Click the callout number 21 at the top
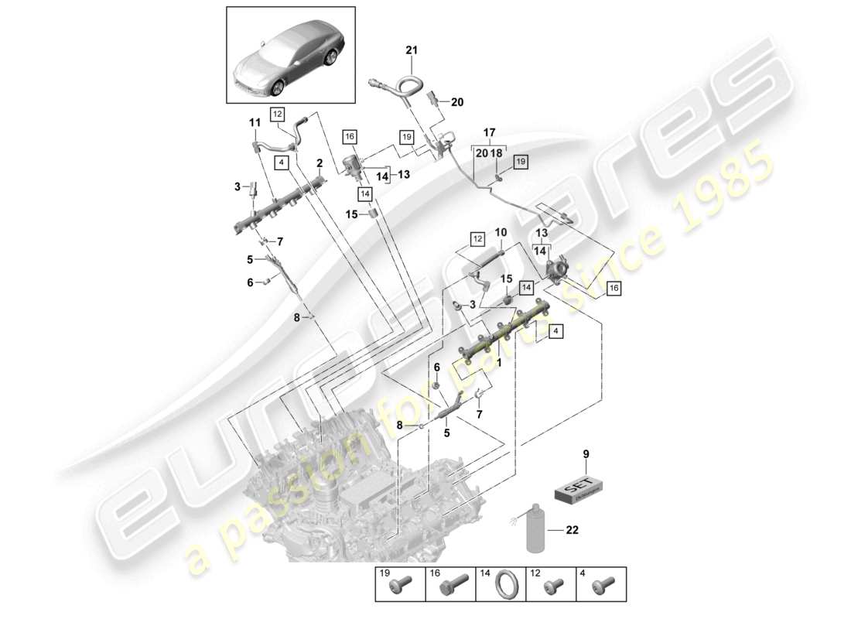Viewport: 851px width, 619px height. (x=412, y=50)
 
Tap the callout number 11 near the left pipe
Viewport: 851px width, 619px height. (x=254, y=122)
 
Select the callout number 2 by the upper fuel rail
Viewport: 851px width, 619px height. (x=318, y=163)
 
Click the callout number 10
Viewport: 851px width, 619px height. (x=501, y=233)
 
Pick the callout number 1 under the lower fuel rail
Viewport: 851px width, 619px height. (x=499, y=362)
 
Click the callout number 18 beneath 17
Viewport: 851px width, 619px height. (x=497, y=154)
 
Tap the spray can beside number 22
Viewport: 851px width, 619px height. (x=535, y=531)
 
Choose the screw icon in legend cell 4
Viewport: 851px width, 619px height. (x=601, y=597)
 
